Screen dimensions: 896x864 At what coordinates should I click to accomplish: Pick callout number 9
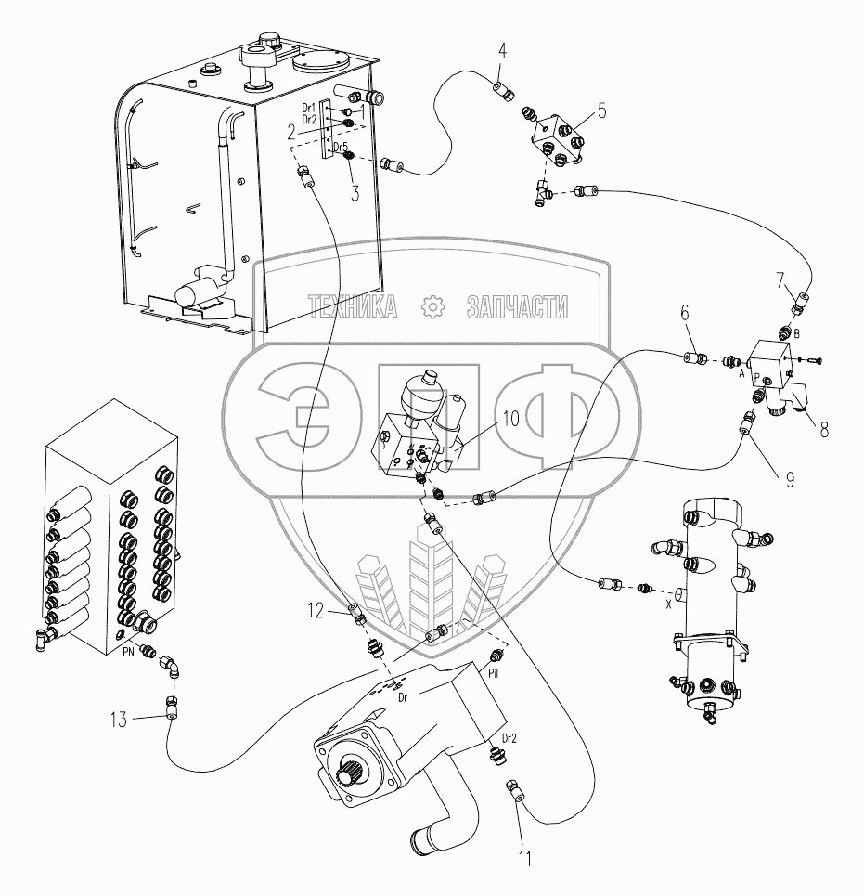pyautogui.click(x=790, y=480)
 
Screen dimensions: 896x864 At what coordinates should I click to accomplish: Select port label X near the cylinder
pyautogui.click(x=667, y=603)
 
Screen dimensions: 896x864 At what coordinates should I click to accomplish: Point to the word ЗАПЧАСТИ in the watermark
pyautogui.click(x=518, y=307)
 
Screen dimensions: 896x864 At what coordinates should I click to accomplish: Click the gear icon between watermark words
pyautogui.click(x=432, y=307)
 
